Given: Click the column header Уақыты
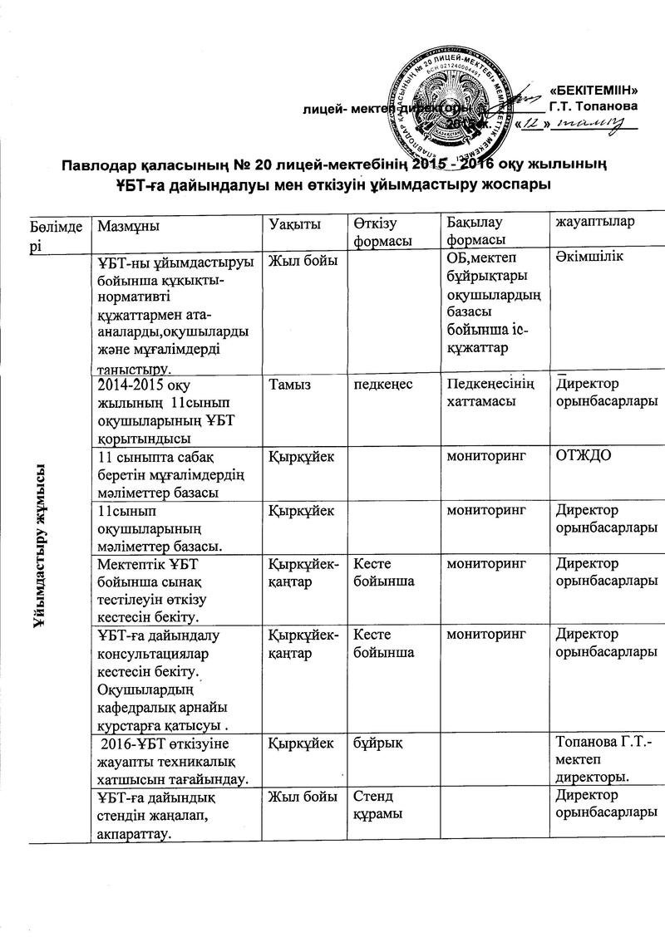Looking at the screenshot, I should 295,225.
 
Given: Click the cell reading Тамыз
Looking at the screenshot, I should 288,384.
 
